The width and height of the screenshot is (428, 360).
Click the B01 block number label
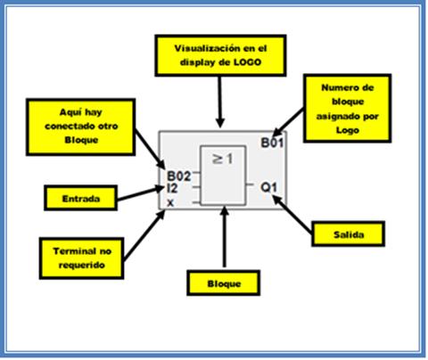(272, 143)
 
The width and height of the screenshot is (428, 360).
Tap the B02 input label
(178, 176)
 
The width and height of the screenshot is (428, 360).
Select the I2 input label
(172, 188)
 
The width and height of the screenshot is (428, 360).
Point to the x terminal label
(170, 203)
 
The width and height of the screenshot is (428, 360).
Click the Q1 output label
(268, 187)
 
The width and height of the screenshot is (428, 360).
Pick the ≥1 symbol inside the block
(223, 159)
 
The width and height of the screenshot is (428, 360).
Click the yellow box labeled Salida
(349, 234)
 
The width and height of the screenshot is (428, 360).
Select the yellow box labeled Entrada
(81, 198)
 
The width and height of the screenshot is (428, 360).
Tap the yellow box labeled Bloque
(224, 283)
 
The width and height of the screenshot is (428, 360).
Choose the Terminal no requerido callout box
(81, 258)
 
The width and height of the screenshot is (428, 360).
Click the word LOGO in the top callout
(247, 62)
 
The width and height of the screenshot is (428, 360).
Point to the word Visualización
(204, 48)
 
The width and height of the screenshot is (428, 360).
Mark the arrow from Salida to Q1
(292, 214)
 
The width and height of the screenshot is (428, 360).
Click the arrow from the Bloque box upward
(225, 236)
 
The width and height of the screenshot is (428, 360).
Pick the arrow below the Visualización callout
(220, 102)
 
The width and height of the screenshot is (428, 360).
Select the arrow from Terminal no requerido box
(144, 235)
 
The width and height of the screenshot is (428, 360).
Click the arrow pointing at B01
(288, 122)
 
